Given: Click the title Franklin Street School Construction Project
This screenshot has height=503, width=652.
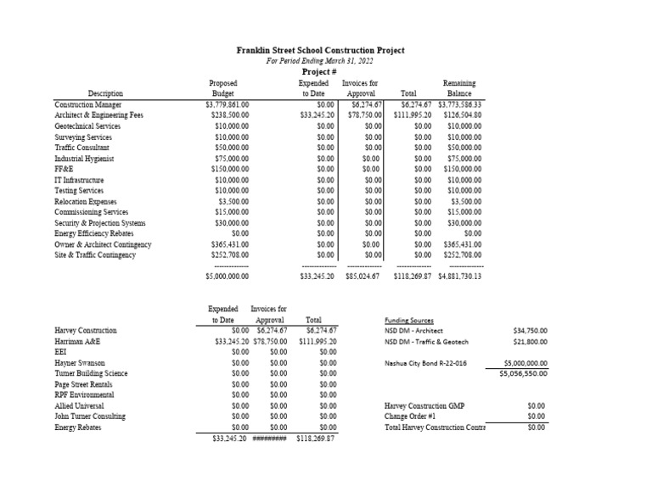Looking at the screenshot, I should [320, 50].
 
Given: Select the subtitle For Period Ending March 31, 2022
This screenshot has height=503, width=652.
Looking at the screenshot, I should [320, 61].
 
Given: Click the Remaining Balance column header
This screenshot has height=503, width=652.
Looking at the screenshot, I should [459, 88].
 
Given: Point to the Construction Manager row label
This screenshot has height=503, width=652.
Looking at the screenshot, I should [87, 104].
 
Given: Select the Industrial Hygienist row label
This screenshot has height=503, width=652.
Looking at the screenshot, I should [84, 158].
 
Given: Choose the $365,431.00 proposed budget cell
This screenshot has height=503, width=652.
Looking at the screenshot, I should [228, 244].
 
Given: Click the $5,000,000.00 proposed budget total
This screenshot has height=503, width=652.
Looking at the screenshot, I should [228, 277].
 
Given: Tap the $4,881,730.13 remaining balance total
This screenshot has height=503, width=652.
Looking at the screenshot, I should [459, 277].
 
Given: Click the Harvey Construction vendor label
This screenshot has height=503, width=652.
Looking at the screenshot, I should [86, 331].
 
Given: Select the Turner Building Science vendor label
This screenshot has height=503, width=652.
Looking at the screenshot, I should [91, 373].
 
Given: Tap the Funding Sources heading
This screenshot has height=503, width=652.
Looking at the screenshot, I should [410, 321].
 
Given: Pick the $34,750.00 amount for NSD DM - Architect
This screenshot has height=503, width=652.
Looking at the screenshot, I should [531, 331].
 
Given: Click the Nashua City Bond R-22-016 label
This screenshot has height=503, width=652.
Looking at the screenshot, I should [426, 363].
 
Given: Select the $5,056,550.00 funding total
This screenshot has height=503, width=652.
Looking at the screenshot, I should [523, 373].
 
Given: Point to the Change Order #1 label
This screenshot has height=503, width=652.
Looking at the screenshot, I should [409, 416].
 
